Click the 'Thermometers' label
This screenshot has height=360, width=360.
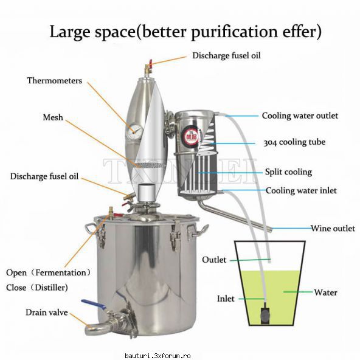[x=54, y=81]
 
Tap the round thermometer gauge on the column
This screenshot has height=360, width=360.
[x=134, y=131]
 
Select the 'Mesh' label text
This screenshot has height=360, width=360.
[x=53, y=117]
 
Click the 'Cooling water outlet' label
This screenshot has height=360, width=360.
[x=300, y=116]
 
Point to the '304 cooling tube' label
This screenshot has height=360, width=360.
[x=294, y=142]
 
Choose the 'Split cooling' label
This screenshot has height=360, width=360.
[x=288, y=172]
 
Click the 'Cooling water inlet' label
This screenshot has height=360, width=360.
[x=301, y=190]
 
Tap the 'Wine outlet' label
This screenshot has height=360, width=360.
[x=333, y=228]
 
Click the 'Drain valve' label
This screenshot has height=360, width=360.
[x=47, y=312]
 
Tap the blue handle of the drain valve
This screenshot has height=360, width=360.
[x=94, y=304]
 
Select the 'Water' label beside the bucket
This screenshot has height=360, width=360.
[x=325, y=292]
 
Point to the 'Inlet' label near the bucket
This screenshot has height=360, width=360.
[x=226, y=299]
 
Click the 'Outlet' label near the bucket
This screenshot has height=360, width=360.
[x=214, y=260]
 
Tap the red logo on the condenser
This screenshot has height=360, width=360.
[x=191, y=136]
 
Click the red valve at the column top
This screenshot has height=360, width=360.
[x=150, y=64]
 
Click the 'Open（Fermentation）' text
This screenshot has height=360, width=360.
[x=48, y=273]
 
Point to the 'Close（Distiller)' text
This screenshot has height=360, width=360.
[x=37, y=288]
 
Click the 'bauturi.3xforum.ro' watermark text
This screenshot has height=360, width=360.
[x=157, y=356]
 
